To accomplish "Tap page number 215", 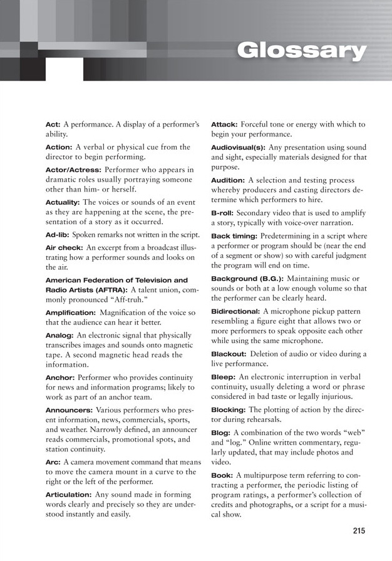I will [x=359, y=531].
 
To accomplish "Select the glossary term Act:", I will [x=53, y=124].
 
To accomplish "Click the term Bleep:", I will [x=223, y=386].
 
